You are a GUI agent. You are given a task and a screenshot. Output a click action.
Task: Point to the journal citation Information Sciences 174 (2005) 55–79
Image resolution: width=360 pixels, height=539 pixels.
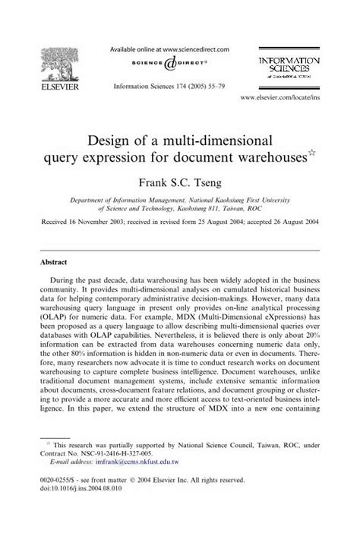(x=168, y=87)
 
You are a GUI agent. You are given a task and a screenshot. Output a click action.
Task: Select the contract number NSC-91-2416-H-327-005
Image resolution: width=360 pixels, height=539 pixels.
(x=122, y=472)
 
